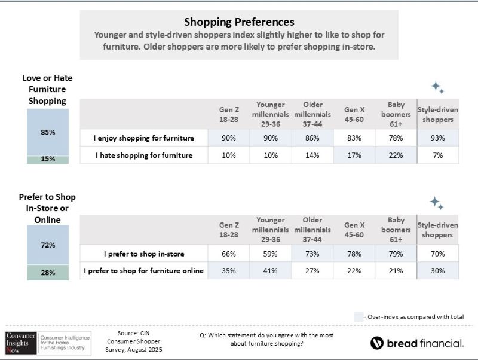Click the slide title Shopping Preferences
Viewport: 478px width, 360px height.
coord(239,23)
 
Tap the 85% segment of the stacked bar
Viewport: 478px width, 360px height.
coord(48,132)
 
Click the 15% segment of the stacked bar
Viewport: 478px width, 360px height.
coord(48,159)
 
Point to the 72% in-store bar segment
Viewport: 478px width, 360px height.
coord(48,245)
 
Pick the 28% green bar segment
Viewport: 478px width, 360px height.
coord(48,273)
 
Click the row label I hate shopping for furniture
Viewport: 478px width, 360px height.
coord(144,155)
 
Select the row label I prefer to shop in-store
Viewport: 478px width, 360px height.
coord(144,254)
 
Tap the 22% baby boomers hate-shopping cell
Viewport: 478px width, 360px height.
coord(396,155)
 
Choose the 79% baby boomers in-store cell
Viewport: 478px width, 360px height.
coord(396,254)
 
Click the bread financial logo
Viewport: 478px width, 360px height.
coord(416,343)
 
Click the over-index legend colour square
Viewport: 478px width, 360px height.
coord(357,316)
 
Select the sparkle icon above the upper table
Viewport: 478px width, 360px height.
coord(438,89)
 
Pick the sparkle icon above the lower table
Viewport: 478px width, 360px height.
coord(437,203)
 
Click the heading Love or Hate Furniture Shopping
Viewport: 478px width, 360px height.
coord(47,89)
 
